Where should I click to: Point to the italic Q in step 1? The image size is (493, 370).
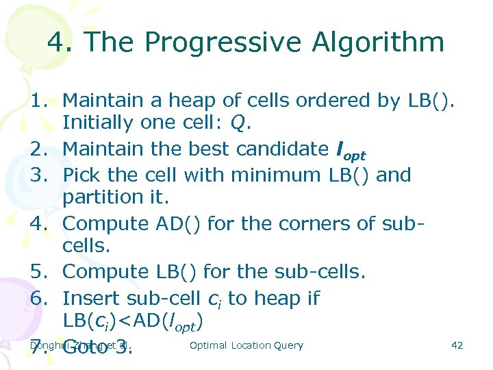(238, 123)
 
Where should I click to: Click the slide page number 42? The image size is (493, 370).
(457, 345)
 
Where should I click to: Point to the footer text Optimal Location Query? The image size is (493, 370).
(246, 345)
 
